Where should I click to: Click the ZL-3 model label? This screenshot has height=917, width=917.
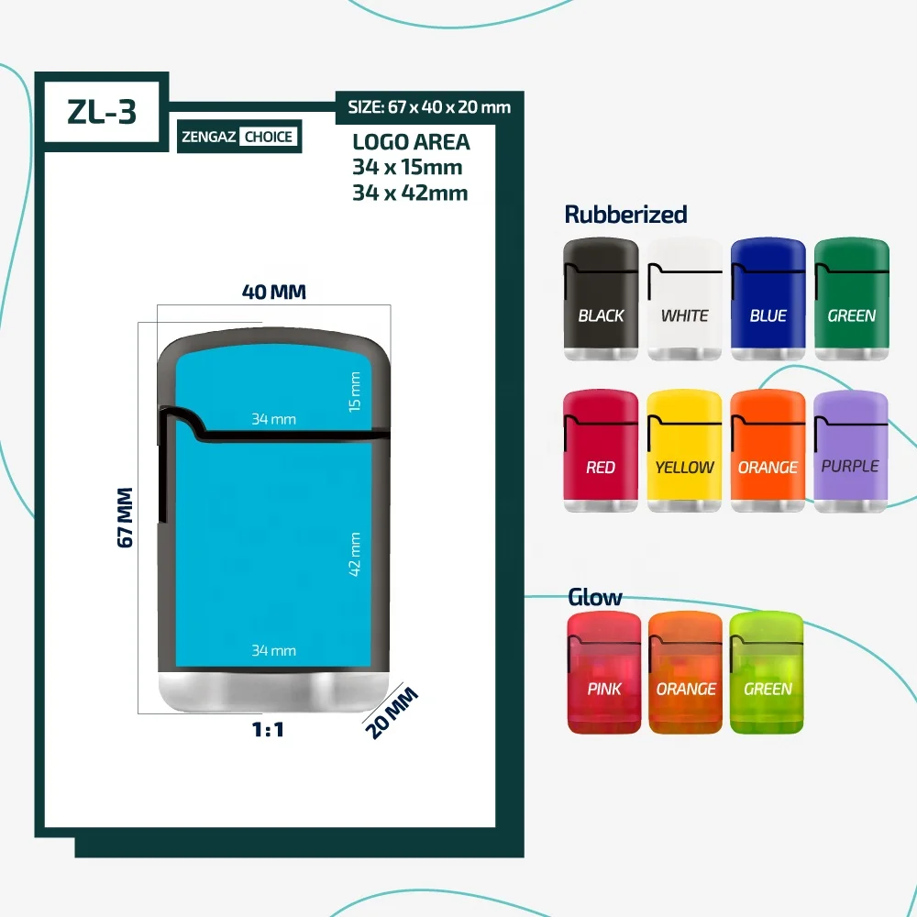pos(102,111)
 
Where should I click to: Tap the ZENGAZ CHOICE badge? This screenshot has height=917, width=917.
pos(239,137)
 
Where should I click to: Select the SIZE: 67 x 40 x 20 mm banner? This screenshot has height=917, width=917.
pos(429,107)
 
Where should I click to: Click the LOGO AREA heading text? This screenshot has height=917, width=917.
pos(411,142)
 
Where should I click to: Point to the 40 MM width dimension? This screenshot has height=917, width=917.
pos(274,292)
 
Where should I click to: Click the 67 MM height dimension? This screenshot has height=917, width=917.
pos(127,517)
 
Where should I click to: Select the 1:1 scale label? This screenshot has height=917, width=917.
pos(269,731)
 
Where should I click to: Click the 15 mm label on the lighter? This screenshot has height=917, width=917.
pos(356,391)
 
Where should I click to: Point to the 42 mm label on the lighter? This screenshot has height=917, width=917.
pos(356,554)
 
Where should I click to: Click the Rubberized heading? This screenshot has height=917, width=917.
pos(625,215)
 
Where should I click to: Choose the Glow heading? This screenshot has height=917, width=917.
pos(594,598)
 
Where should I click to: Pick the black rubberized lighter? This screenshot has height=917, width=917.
pos(601,300)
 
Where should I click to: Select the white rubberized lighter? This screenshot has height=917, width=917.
pos(684,300)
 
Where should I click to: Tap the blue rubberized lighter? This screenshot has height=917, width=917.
pos(768,300)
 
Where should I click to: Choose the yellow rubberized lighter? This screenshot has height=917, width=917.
pos(684,451)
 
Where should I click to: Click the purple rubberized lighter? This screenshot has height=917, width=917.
pos(850,451)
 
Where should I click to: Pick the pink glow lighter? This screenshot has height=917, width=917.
pos(604,673)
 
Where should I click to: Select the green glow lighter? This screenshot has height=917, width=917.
pos(767,673)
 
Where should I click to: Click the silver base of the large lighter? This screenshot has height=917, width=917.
pos(273,692)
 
